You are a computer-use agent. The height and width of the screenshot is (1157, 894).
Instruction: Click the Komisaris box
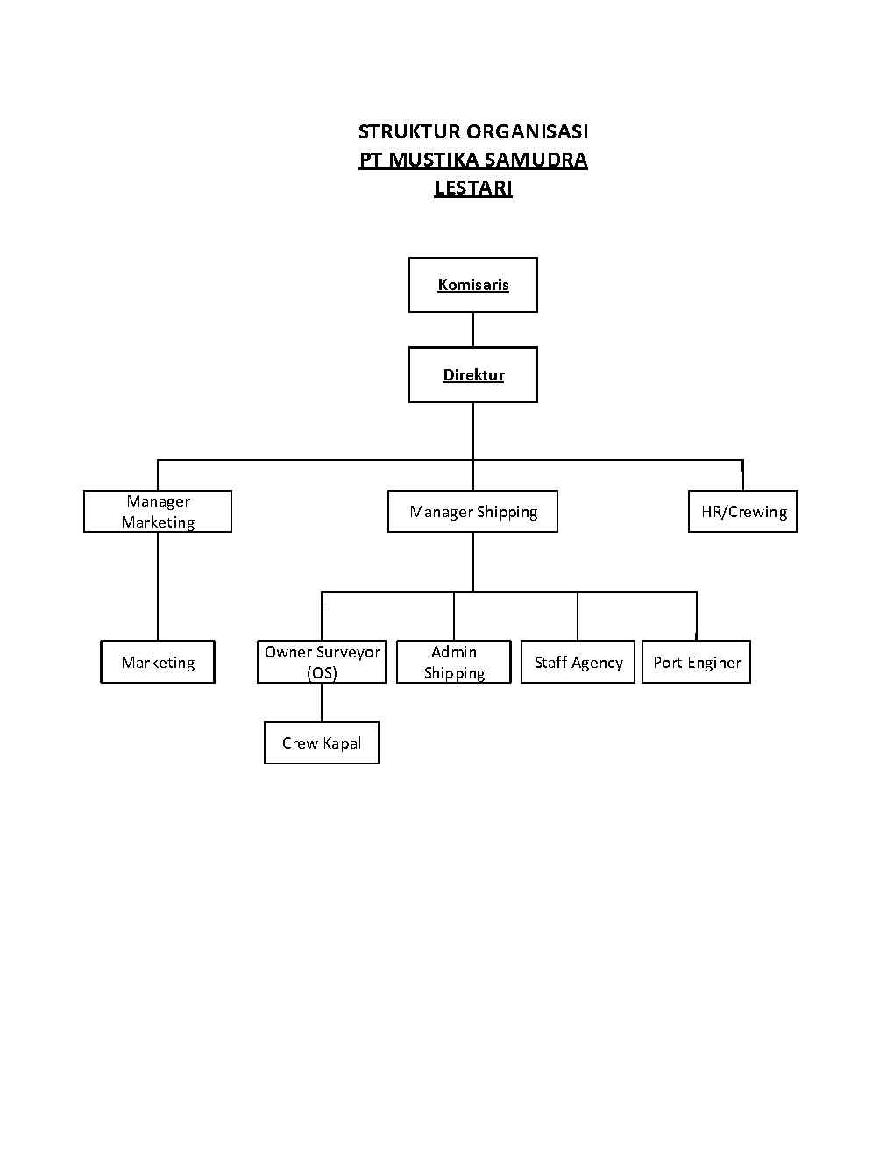click(x=472, y=285)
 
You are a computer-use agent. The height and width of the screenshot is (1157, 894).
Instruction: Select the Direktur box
click(x=472, y=375)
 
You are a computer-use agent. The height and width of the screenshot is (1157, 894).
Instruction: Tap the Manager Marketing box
click(x=158, y=512)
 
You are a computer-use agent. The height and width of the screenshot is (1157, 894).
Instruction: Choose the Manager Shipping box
click(x=472, y=512)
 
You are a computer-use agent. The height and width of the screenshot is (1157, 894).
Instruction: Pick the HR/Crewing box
click(x=743, y=512)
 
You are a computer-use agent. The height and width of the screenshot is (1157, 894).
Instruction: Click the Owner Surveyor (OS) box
click(x=322, y=663)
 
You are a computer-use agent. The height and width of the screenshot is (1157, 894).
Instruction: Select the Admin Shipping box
click(x=454, y=663)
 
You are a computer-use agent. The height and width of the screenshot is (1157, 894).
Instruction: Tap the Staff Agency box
click(x=578, y=663)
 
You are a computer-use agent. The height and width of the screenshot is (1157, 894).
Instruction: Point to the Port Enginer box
click(x=696, y=663)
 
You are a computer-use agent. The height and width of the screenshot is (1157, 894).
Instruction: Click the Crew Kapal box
click(x=322, y=743)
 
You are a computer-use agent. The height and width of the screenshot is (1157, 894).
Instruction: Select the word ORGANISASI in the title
click(x=527, y=131)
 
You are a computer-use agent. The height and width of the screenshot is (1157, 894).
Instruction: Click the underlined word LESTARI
click(x=473, y=188)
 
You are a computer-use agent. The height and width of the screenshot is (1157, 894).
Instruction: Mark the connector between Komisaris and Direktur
click(x=473, y=330)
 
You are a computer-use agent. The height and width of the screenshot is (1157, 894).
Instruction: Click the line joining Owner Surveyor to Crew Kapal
click(x=322, y=703)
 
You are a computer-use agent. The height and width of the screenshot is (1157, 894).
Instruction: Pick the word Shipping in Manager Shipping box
click(x=507, y=512)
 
